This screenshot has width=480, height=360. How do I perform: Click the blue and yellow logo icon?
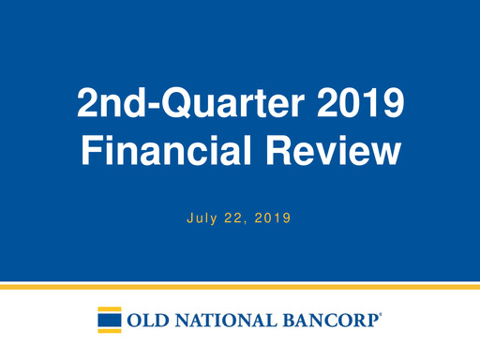(x=109, y=320)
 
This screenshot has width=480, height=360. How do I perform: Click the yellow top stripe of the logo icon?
(x=109, y=308)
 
